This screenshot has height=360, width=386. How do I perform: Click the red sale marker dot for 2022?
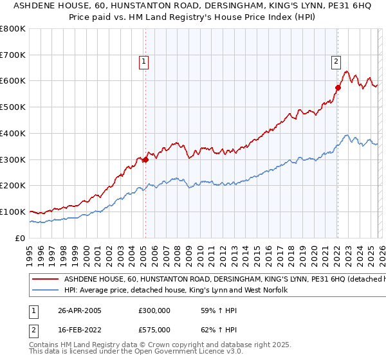point(337,87)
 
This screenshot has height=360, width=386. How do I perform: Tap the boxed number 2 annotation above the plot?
point(336,62)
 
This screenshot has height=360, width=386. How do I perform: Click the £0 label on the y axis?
point(19,238)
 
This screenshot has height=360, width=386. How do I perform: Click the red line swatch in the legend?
point(45,280)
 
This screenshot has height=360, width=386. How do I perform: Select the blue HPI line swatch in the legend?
point(45,291)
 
